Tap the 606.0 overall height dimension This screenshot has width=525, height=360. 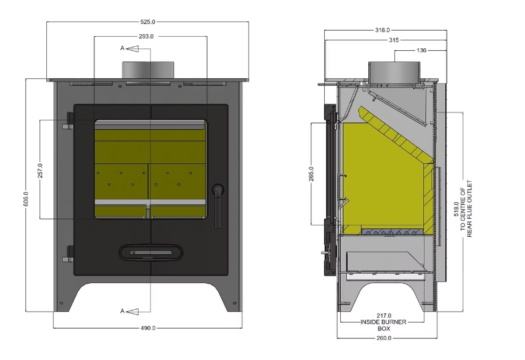click(x=26, y=199)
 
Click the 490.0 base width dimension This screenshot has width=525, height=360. click(x=148, y=328)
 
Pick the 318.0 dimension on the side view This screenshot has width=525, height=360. click(x=383, y=31)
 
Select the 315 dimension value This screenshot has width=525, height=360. click(x=394, y=40)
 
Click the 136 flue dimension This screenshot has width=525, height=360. click(x=421, y=50)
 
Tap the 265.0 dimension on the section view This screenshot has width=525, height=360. click(x=312, y=173)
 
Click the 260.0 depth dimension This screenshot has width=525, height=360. click(x=384, y=338)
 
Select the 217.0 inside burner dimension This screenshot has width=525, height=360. click(x=384, y=316)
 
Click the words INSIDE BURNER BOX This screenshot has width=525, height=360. click(x=384, y=325)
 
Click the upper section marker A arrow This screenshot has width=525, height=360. click(x=127, y=49)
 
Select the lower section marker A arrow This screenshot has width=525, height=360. click(x=127, y=310)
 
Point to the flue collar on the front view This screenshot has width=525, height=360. click(x=148, y=70)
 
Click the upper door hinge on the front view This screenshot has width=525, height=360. click(x=68, y=123)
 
